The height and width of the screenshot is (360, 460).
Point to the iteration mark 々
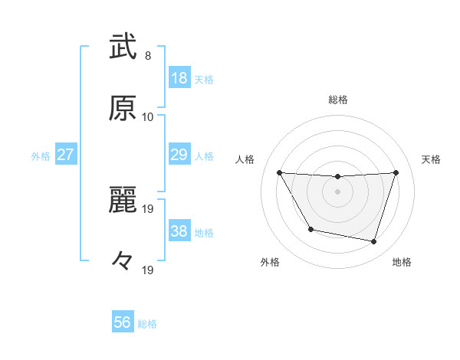123,261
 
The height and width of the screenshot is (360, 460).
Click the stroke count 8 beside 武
148,56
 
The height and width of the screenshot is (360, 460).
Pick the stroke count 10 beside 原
148,116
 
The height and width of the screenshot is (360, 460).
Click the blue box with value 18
179,78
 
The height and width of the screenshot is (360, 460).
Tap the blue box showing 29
179,155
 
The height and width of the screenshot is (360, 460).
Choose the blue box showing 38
179,231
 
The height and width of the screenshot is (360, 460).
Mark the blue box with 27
66,155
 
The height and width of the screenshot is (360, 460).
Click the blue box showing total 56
123,322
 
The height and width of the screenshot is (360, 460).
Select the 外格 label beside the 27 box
41,156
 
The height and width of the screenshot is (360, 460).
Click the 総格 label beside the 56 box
147,324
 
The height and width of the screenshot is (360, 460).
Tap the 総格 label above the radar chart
338,100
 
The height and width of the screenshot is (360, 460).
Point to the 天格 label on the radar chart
432,159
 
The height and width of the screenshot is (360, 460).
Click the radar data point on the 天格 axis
396,172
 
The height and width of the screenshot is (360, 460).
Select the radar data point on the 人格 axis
279,172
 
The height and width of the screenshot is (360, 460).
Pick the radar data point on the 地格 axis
373,241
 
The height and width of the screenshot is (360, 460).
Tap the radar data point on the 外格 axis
310,229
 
